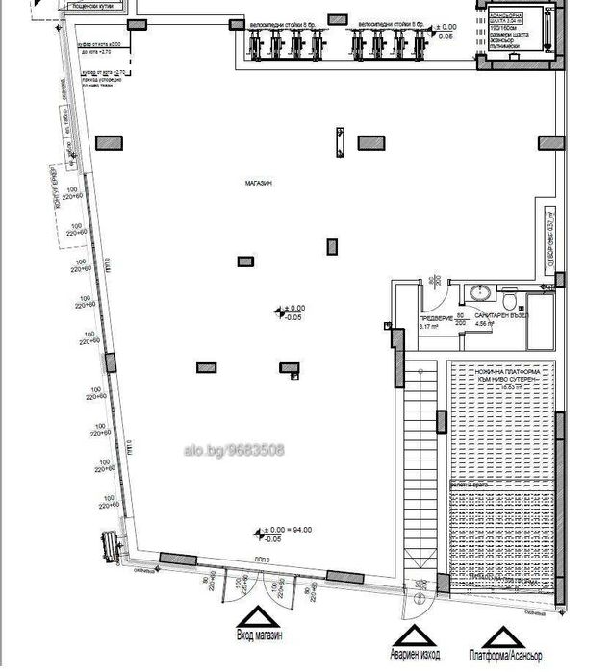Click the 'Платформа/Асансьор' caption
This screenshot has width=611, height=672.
point(506,654)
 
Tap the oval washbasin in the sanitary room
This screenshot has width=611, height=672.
point(477,291)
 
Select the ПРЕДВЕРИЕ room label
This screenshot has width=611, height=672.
point(435,317)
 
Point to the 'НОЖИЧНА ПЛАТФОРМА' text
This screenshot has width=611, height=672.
point(502,370)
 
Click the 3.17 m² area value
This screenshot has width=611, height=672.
point(428,327)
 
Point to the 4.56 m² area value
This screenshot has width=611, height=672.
point(483,324)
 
